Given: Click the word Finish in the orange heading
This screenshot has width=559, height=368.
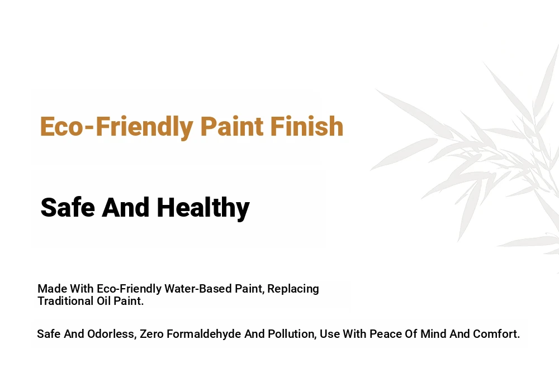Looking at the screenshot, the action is click(306, 126).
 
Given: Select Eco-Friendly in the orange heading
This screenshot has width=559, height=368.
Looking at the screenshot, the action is click(117, 127).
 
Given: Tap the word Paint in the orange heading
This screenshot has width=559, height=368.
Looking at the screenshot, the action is click(232, 126).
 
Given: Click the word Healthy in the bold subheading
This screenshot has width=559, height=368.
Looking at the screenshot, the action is click(203, 208).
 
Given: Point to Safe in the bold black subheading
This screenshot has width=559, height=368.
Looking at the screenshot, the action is click(68, 207).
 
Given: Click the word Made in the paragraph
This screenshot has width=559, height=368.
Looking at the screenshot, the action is click(53, 289).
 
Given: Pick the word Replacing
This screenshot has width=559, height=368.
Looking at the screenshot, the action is click(293, 289).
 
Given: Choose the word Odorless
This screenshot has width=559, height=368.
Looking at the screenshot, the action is click(111, 334).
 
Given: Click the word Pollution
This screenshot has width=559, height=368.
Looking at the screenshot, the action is click(292, 334).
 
